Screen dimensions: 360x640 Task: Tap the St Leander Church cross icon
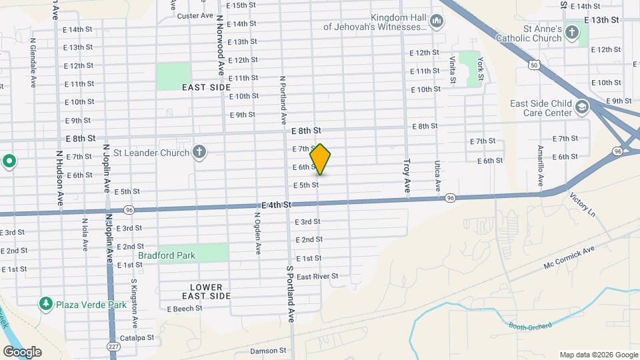pyautogui.click(x=198, y=153)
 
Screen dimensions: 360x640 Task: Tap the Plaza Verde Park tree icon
pyautogui.click(x=46, y=305)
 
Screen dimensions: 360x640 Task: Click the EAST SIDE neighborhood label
pyautogui.click(x=206, y=87)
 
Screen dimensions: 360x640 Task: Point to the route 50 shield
pyautogui.click(x=534, y=65)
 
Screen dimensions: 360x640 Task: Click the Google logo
pyautogui.click(x=22, y=351)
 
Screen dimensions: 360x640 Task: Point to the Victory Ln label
pyautogui.click(x=582, y=204)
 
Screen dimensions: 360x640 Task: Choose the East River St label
pyautogui.click(x=317, y=276)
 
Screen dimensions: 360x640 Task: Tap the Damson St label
pyautogui.click(x=268, y=351)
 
